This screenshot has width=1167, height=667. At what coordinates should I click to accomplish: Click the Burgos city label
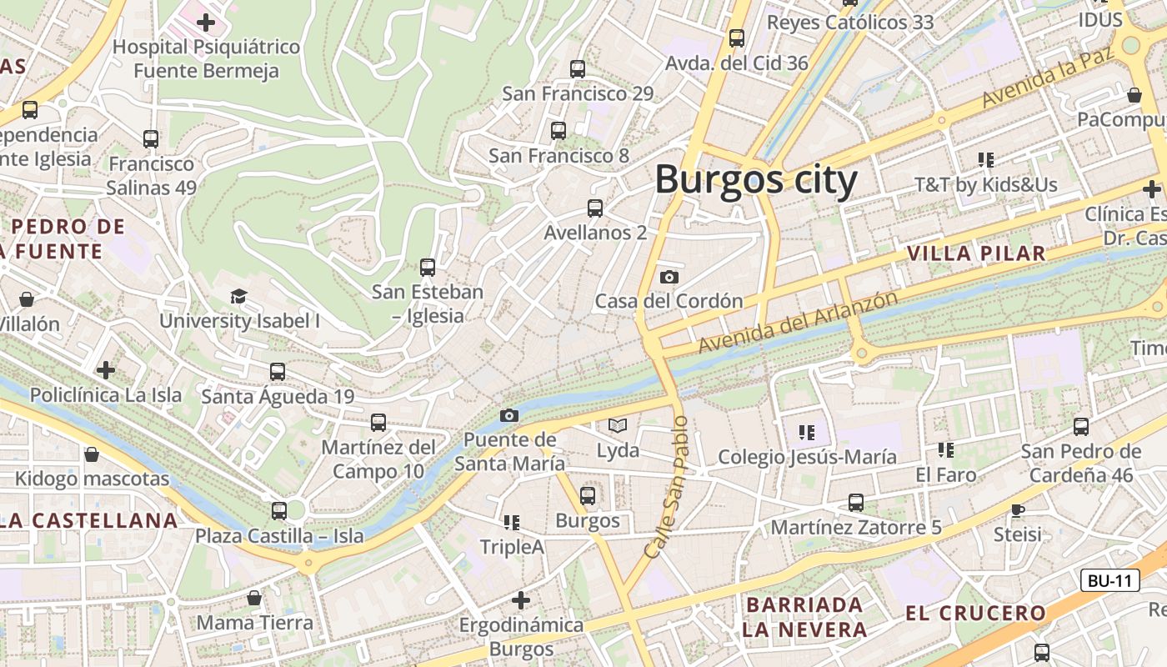(755, 180)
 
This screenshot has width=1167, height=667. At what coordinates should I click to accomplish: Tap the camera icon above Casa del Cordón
(669, 277)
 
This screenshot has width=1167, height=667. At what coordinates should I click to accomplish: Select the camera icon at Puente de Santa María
(508, 415)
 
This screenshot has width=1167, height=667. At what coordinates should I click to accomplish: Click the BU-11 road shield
(1109, 581)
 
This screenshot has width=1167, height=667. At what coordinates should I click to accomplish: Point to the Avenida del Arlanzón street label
(798, 321)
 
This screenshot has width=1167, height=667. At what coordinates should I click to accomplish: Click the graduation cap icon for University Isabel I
(239, 296)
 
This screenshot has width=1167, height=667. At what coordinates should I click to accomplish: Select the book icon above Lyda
(617, 426)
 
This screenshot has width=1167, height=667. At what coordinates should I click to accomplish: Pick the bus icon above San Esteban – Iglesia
(428, 267)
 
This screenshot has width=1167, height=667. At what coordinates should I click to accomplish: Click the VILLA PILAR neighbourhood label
(975, 253)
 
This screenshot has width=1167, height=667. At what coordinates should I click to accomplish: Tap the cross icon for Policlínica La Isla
(106, 369)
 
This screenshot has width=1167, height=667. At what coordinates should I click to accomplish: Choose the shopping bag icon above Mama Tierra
(254, 598)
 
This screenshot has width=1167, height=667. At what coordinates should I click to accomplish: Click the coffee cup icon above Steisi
(1017, 509)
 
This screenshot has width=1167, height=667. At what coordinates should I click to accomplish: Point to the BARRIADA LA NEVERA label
(804, 617)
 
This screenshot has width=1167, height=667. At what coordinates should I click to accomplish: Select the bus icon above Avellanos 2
(594, 208)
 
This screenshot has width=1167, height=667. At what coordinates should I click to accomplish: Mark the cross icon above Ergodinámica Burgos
(521, 599)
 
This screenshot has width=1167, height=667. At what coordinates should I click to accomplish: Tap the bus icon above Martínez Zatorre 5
(855, 503)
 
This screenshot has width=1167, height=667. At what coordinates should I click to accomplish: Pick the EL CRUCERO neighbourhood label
(975, 614)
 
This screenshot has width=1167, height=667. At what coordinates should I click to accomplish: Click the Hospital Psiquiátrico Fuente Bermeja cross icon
(206, 22)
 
